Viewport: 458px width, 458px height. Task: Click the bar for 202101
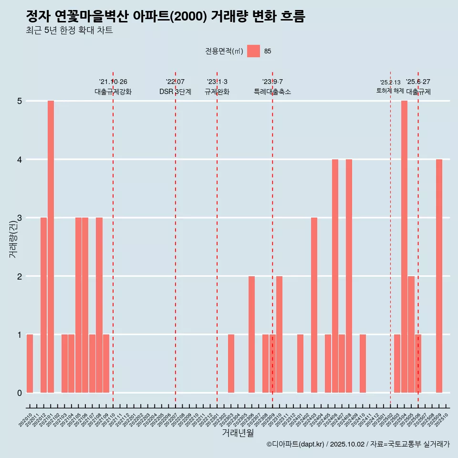coord(51,247)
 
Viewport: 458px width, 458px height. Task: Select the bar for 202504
coord(404,247)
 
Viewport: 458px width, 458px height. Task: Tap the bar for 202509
coord(439,276)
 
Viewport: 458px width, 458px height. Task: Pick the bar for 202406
coord(335,276)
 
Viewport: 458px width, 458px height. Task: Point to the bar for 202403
coord(314,305)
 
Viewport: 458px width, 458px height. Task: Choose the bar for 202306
coord(251,334)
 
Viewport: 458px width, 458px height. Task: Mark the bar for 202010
coord(30,364)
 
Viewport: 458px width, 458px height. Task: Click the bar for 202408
coord(349,276)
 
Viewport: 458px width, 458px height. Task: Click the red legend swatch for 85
coord(253,51)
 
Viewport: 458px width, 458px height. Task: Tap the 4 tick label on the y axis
coord(20,159)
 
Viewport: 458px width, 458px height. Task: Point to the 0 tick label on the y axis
coord(20,393)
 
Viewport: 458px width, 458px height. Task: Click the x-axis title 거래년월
coord(238,433)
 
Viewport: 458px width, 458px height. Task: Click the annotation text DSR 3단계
coord(175,92)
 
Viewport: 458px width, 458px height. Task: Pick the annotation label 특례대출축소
coord(272,92)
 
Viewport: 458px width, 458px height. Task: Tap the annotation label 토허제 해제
coord(390,91)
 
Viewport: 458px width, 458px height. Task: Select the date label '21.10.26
coord(113,82)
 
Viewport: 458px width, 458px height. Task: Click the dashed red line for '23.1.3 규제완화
coord(217,239)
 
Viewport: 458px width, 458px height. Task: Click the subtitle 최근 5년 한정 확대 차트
coord(70,31)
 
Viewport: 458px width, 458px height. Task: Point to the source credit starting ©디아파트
coord(358,444)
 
